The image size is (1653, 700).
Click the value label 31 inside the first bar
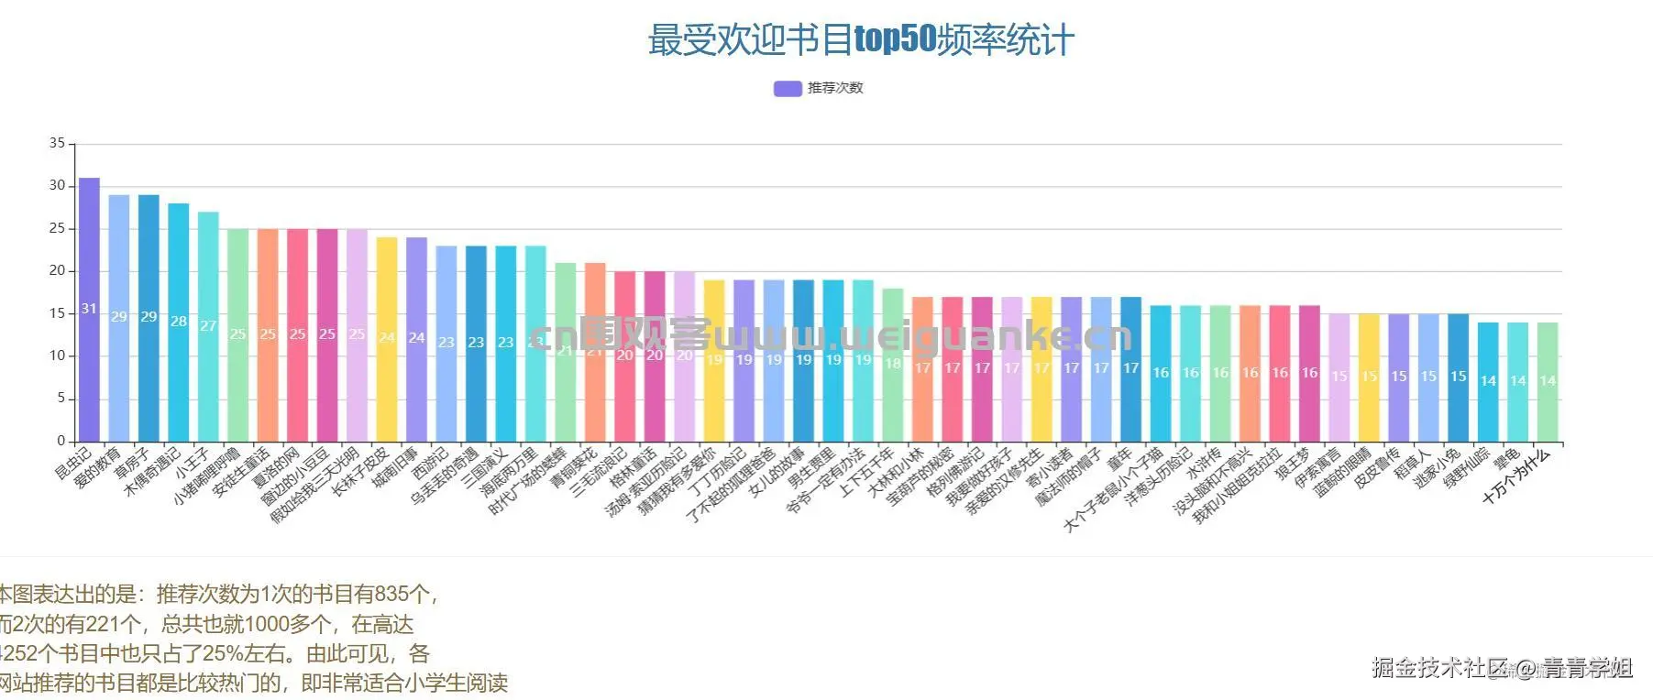(x=89, y=309)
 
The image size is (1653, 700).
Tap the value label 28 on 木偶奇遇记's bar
(x=179, y=322)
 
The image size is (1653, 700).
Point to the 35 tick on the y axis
(x=58, y=143)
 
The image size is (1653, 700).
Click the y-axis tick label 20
(x=58, y=270)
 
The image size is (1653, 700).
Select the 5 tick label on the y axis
(x=61, y=398)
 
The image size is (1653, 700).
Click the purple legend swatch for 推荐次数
(x=788, y=88)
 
